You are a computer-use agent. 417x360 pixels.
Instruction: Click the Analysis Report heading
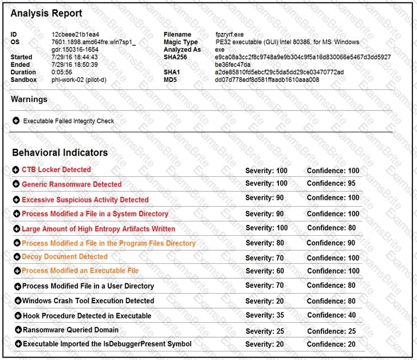(46, 13)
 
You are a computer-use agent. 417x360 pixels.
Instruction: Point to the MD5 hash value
(267, 80)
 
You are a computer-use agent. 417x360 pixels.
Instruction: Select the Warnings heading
(29, 99)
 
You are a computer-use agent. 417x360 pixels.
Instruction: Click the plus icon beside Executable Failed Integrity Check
(16, 121)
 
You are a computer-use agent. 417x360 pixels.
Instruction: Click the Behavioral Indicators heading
(60, 153)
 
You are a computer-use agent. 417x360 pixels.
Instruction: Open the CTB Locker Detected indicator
(56, 170)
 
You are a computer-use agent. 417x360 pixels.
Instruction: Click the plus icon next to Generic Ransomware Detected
(16, 184)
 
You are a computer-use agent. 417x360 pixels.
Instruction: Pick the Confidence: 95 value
(331, 184)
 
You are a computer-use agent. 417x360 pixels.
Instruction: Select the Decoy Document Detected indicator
(64, 257)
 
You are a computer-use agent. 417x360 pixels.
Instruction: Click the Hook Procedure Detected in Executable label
(87, 315)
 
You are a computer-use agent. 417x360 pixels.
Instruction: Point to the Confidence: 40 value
(331, 315)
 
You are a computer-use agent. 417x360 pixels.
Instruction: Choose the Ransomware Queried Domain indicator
(70, 330)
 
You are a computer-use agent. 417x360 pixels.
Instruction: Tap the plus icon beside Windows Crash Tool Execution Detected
(18, 300)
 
